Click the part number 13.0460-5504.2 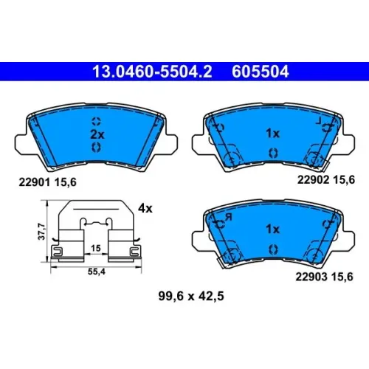(x=152, y=72)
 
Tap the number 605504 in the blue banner (x=261, y=72)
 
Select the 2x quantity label (x=97, y=134)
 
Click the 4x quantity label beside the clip (x=145, y=209)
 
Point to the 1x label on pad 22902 (x=272, y=134)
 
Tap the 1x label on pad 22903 (x=272, y=229)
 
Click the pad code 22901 (x=35, y=182)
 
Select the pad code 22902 (x=313, y=180)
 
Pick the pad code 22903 (x=311, y=277)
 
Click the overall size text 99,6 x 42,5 (x=191, y=296)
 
